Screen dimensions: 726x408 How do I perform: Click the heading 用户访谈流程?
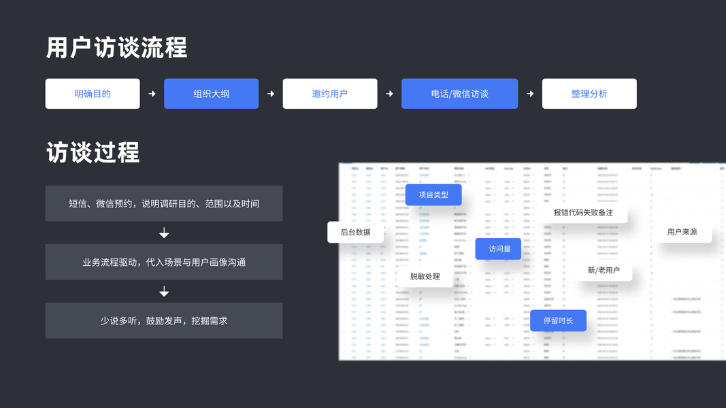pos(116,48)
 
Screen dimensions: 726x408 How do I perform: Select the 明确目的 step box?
pos(93,94)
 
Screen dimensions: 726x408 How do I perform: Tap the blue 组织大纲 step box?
pos(211,94)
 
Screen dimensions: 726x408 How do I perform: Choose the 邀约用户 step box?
pos(330,94)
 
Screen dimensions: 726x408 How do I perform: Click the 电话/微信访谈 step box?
pos(459,94)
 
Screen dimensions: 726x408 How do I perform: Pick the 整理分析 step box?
pos(589,94)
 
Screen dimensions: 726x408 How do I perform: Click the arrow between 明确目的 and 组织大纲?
pos(152,94)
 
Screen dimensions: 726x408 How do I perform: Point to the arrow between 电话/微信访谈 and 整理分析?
pos(530,94)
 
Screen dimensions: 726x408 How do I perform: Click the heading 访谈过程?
pos(93,152)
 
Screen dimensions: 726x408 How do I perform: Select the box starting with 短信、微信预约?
pos(164,203)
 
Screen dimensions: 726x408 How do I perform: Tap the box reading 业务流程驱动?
pos(164,262)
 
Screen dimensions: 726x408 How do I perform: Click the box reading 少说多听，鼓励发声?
pos(164,320)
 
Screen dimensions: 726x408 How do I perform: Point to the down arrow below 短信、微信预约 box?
pos(164,233)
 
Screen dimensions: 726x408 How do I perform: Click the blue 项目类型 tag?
pos(433,194)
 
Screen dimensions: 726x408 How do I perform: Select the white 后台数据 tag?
pos(355,232)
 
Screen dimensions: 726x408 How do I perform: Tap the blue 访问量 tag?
pos(499,249)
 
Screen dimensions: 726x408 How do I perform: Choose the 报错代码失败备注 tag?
pos(583,212)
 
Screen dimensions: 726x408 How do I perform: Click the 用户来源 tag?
pos(682,232)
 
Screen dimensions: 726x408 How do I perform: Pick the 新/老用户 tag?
pos(604,270)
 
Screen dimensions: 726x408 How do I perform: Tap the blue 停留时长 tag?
pos(558,320)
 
